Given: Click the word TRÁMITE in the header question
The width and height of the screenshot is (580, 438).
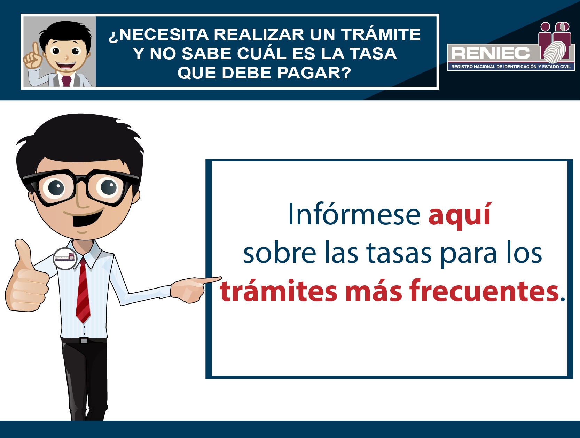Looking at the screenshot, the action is [x=381, y=34].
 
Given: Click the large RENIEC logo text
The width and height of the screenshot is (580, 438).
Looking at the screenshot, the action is [x=490, y=53].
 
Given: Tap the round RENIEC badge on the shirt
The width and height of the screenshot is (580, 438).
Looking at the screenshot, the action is [x=65, y=259].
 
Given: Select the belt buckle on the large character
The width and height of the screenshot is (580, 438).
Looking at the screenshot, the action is [x=84, y=340].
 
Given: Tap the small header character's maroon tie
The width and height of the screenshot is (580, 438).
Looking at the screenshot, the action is [x=66, y=80].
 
